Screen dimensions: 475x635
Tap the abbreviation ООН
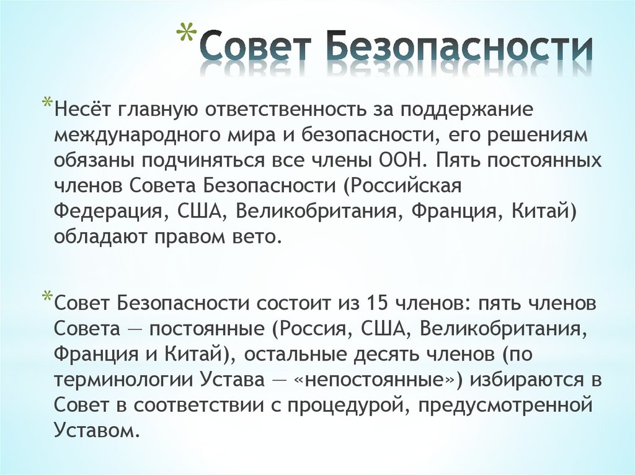pos(401,160)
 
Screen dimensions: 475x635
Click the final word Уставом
pos(93,430)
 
